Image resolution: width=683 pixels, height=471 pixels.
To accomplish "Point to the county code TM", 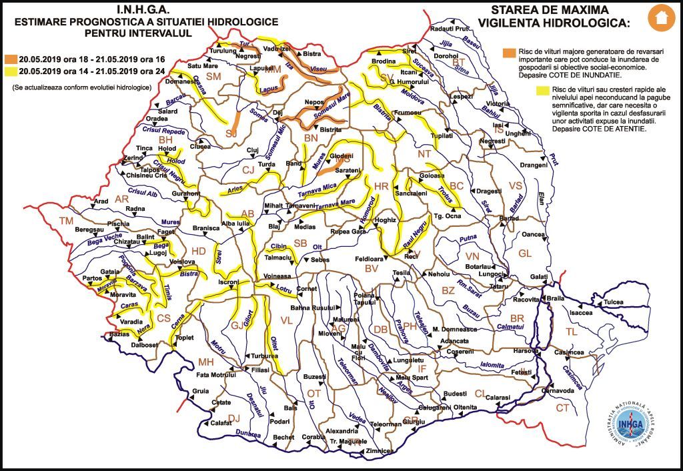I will (66, 221).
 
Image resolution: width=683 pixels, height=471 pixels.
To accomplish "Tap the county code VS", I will (515, 185).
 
